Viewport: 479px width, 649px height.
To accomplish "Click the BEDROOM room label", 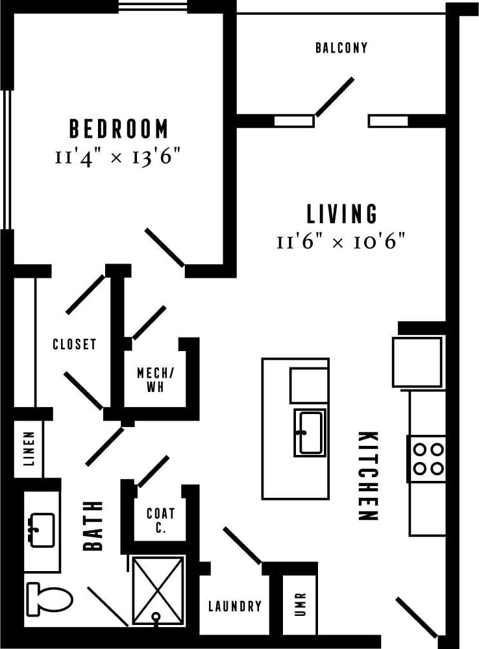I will tap(119, 129).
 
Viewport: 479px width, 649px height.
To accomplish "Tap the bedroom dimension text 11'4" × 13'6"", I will tap(118, 157).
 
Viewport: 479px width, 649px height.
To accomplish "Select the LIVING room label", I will tap(341, 214).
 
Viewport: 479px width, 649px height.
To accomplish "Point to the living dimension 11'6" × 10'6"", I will tap(341, 242).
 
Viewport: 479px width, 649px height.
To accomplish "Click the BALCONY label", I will tap(341, 48).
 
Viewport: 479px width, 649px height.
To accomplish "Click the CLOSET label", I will tap(75, 345).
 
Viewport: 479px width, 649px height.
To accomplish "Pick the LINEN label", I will tap(29, 450).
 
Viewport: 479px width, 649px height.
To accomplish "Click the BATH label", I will tap(93, 526).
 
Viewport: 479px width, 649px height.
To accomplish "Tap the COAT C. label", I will tap(160, 520).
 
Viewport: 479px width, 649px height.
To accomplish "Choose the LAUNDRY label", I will tap(235, 606).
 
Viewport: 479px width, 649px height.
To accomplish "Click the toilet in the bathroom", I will tap(49, 598).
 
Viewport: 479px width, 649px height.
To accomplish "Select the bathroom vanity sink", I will tap(42, 530).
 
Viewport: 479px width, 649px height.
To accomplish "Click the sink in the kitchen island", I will tap(310, 432).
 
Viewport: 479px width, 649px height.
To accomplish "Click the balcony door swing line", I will tap(334, 97).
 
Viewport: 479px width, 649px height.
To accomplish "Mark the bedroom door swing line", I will tap(164, 247).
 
